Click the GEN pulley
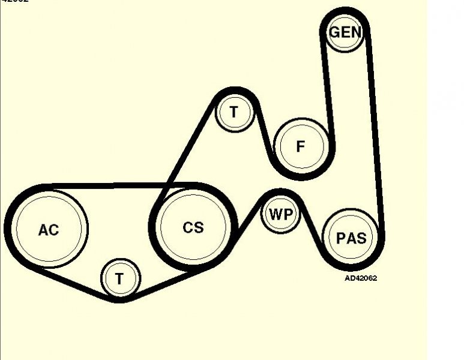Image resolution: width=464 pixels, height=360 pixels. click(345, 32)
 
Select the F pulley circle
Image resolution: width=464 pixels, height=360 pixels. click(301, 146)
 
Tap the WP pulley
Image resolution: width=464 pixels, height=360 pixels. click(280, 214)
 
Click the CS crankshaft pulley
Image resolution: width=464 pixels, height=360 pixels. click(193, 227)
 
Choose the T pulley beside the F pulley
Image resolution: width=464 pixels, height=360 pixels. click(234, 112)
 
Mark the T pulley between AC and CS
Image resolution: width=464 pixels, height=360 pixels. click(120, 278)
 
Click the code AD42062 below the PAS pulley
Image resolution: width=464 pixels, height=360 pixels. click(360, 278)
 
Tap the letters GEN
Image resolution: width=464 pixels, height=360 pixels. click(345, 32)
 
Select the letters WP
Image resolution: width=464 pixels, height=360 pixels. click(280, 214)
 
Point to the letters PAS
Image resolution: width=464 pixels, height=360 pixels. click(351, 238)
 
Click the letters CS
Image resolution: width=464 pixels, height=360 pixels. click(193, 227)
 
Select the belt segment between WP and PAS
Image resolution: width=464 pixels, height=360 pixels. click(313, 231)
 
